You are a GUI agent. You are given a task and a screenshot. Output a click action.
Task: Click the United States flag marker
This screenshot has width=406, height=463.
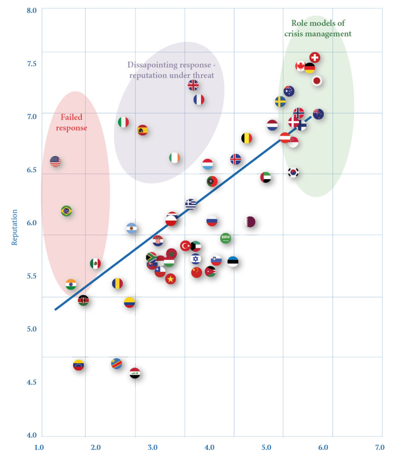(55, 161)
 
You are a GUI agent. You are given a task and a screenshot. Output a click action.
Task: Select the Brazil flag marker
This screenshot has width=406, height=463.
(66, 211)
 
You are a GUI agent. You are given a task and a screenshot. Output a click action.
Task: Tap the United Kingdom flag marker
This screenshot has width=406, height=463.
(193, 85)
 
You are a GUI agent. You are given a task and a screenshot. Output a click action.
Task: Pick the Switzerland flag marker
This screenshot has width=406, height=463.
(315, 58)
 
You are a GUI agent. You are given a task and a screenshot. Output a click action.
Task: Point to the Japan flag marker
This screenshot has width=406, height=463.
(317, 81)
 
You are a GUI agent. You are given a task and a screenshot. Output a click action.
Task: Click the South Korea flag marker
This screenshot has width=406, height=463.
(293, 172)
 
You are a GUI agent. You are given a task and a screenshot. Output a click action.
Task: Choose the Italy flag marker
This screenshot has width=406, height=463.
(123, 122)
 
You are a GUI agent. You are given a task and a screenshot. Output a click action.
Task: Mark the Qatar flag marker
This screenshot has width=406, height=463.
(250, 222)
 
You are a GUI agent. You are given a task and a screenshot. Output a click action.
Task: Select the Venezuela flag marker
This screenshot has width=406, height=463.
(78, 365)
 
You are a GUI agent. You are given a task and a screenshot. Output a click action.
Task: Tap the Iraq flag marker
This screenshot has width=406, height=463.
(135, 373)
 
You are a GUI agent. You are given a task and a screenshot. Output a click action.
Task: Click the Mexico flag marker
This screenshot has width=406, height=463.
(95, 264)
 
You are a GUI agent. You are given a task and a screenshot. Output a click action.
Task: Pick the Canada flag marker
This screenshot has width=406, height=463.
(300, 66)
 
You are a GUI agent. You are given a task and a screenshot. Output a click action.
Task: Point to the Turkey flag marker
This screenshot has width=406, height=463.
(186, 245)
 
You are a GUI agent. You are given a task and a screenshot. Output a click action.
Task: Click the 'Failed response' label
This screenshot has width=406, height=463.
(71, 122)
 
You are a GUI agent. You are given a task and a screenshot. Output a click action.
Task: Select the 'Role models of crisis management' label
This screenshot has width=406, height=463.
(318, 29)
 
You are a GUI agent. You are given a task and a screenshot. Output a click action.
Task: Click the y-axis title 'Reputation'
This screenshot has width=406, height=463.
(15, 227)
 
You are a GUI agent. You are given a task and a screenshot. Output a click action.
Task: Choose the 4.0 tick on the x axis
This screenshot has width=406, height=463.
(209, 448)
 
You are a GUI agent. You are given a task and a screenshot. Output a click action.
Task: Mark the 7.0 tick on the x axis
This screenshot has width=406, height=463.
(380, 448)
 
